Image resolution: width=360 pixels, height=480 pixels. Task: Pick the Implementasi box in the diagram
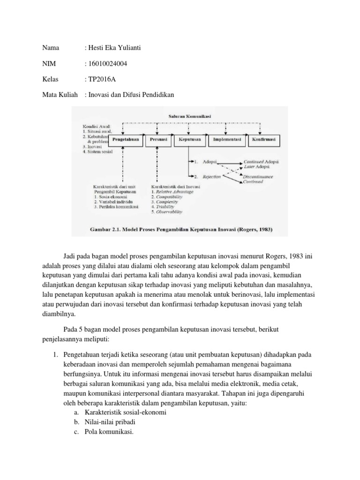pos(227,140)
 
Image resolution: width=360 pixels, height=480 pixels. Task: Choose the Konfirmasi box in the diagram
pos(264,140)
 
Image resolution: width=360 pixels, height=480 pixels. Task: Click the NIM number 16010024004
pos(107,64)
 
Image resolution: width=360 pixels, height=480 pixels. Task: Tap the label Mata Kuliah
pos(60,95)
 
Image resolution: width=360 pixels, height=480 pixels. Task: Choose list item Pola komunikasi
pos(109,432)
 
